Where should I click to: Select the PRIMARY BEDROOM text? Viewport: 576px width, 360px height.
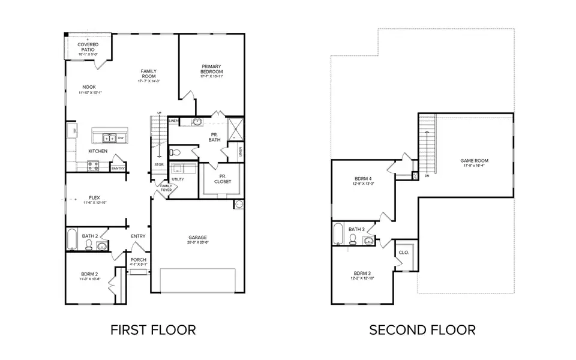coord(211,69)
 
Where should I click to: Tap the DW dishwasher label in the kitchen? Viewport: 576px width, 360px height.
coord(121,137)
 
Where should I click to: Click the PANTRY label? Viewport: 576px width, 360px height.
coord(118,169)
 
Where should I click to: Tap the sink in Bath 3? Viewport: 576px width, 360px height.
coord(368,241)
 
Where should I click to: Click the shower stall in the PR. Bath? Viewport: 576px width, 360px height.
coord(235,129)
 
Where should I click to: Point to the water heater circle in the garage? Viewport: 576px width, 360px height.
coord(239,205)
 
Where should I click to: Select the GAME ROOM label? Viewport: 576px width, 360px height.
coord(473,161)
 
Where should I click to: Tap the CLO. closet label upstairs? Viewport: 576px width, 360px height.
coord(404,253)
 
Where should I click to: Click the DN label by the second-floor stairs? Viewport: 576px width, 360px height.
coord(427,176)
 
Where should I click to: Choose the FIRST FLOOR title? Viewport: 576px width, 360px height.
coord(153,329)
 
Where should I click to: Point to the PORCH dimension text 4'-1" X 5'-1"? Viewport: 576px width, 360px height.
coord(138,265)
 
